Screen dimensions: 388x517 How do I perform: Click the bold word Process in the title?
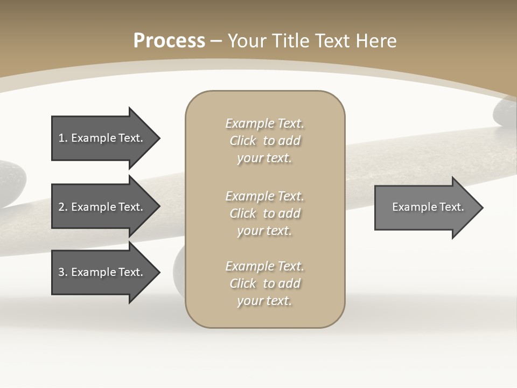point(169,41)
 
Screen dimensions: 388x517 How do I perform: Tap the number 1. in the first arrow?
point(63,138)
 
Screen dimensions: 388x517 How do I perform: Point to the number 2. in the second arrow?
point(63,207)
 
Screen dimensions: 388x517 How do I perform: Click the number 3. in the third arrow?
point(63,272)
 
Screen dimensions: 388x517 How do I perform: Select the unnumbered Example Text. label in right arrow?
point(428,207)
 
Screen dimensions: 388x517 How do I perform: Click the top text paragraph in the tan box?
point(264,141)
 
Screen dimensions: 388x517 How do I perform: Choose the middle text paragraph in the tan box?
point(264,213)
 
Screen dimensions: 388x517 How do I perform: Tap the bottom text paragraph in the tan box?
point(264,283)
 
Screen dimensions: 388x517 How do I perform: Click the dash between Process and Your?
point(216,41)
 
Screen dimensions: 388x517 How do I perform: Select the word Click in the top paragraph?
point(243,141)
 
